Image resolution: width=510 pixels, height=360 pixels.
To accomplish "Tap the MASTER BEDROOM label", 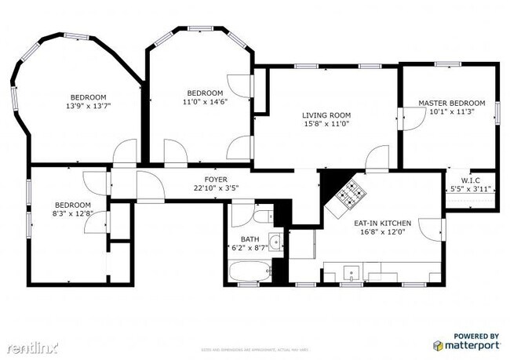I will tap(451, 103).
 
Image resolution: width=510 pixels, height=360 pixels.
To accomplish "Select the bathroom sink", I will tap(275, 242).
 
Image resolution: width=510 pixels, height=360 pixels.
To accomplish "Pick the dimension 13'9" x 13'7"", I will tap(87, 106).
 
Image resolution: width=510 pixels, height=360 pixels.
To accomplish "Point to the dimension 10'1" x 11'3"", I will tap(451, 111).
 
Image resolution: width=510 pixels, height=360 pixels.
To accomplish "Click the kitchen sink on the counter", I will tap(352, 274).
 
